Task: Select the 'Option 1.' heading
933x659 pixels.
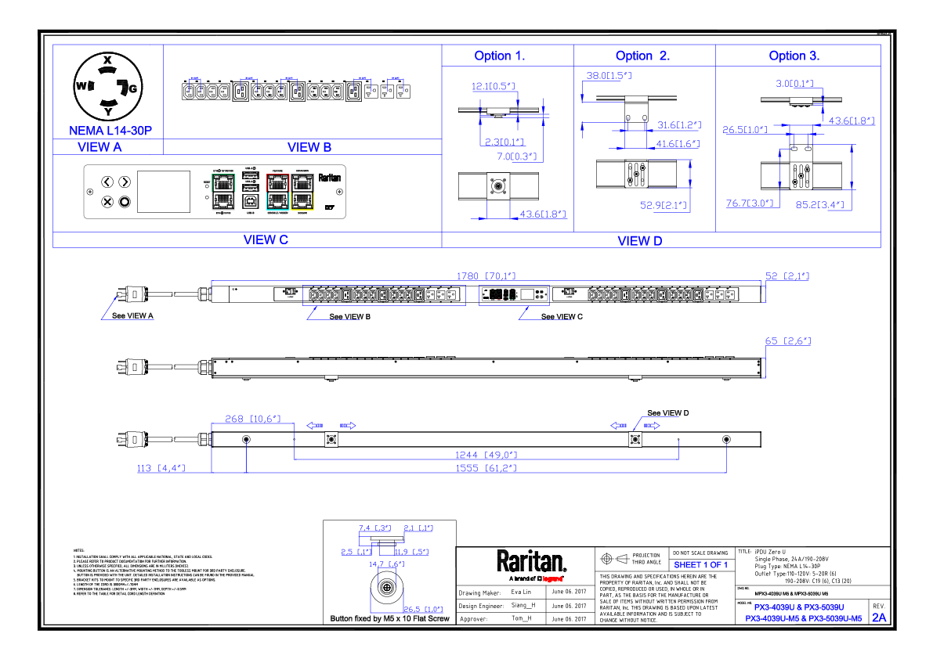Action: point(500,56)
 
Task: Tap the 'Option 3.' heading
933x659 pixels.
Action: point(794,56)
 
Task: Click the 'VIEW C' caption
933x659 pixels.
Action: point(266,239)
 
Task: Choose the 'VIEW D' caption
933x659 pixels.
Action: point(639,241)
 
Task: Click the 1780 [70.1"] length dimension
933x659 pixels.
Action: point(486,275)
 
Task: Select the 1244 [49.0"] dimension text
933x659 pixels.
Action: point(486,455)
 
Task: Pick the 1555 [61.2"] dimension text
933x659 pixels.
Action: point(486,468)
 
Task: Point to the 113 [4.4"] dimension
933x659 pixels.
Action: point(161,468)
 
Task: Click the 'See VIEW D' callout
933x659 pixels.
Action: point(667,412)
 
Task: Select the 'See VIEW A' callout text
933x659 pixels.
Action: point(132,316)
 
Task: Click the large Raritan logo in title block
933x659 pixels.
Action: point(531,560)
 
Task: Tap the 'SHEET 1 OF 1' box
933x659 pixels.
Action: point(701,564)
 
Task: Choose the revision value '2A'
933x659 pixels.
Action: point(879,618)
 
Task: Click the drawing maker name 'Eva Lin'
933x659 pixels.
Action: point(521,592)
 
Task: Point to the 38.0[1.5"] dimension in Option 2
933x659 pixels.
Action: point(609,76)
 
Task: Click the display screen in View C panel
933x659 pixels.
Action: point(164,192)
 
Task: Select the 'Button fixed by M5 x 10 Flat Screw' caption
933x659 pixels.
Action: point(390,619)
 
